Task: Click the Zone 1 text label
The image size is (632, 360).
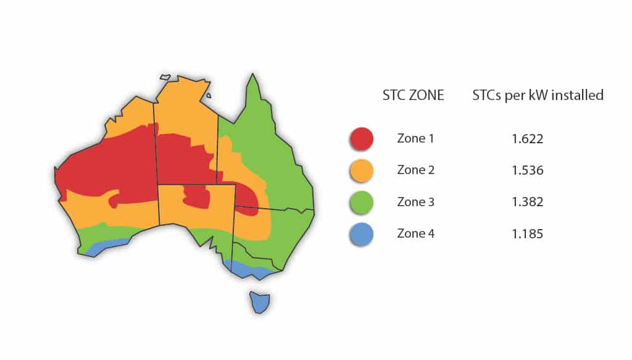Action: [415, 138]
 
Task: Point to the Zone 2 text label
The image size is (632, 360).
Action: [416, 170]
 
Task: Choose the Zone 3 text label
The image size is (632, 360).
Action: [416, 202]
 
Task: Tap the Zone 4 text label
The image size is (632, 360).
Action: [416, 234]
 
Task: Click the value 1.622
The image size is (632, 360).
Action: [527, 139]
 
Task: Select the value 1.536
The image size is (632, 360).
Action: [527, 170]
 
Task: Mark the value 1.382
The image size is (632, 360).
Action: [527, 203]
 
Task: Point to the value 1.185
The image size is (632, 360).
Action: [527, 235]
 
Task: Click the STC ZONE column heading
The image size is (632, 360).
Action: [414, 96]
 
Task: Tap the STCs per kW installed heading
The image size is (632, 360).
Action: [538, 96]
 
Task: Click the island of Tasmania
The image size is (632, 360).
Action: [260, 301]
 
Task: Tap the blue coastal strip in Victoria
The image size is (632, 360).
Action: [250, 269]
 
